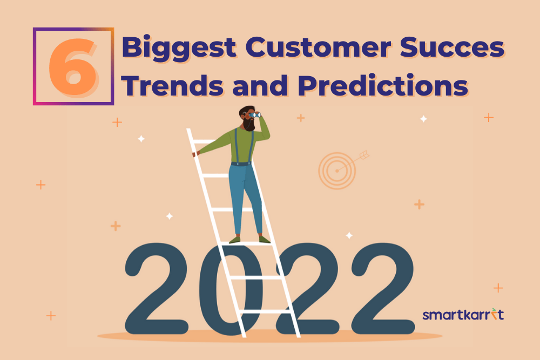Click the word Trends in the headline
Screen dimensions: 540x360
173,85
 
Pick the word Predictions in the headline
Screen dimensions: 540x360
382,85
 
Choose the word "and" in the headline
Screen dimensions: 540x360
260,85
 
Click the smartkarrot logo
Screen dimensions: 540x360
463,314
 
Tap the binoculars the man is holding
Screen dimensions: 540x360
255,115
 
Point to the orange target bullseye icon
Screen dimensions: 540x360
337,171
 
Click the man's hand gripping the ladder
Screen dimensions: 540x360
196,153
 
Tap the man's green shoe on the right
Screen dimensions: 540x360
264,239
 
